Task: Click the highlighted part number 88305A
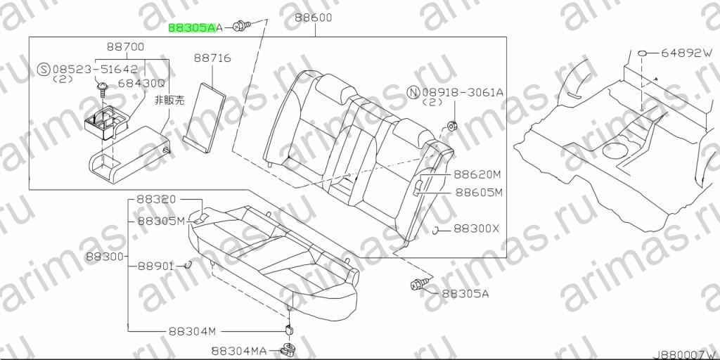pos(192,28)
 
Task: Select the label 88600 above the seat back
pos(314,18)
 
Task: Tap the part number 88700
pos(125,46)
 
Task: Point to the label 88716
pos(212,58)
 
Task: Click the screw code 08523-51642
pos(95,70)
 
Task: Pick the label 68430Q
pos(141,84)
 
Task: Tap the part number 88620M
pos(477,174)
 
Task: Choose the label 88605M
pos(479,193)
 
